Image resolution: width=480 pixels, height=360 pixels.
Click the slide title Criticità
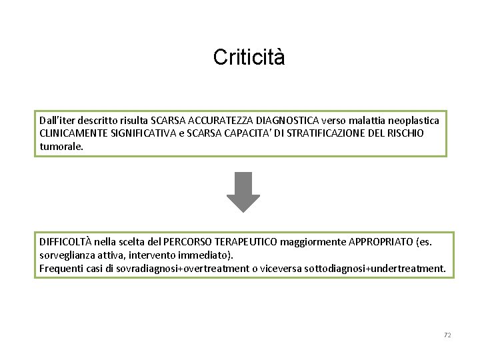point(249,57)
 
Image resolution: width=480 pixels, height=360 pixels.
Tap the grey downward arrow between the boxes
point(243,191)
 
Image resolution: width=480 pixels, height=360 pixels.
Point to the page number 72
point(447,335)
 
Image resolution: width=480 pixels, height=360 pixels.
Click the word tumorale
point(61,145)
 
